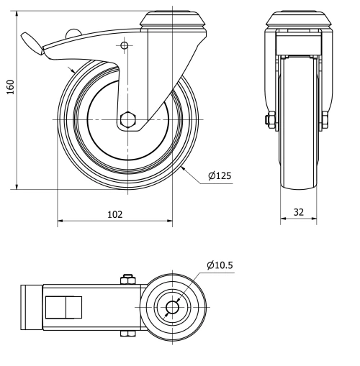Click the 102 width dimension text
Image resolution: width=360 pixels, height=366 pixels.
click(114, 214)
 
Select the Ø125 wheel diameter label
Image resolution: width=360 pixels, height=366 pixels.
click(220, 175)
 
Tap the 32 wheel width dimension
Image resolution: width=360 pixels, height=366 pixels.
click(297, 213)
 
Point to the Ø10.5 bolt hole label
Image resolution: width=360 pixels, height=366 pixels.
click(220, 265)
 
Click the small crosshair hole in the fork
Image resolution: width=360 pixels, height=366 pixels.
click(125, 47)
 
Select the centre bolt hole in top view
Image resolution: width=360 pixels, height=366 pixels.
click(172, 307)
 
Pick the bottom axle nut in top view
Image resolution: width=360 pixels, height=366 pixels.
click(128, 333)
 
